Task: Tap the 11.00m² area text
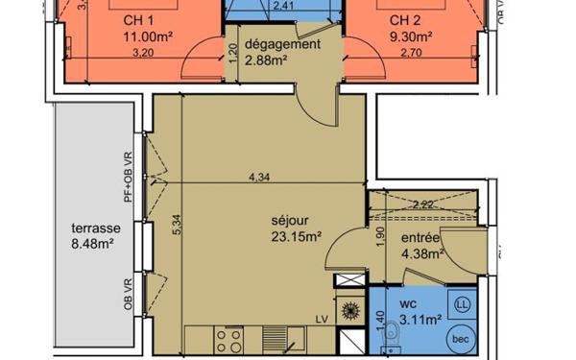pyautogui.click(x=145, y=38)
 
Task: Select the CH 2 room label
pyautogui.click(x=406, y=21)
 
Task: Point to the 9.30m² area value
pyautogui.click(x=410, y=38)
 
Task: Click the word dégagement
pyautogui.click(x=281, y=45)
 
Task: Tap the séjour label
pyautogui.click(x=289, y=219)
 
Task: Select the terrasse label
pyautogui.click(x=95, y=229)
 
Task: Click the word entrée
pyautogui.click(x=420, y=238)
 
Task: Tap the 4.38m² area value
pyautogui.click(x=422, y=254)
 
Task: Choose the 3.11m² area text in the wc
pyautogui.click(x=420, y=319)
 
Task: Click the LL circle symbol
pyautogui.click(x=462, y=304)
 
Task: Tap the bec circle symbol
pyautogui.click(x=460, y=338)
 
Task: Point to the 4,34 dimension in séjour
pyautogui.click(x=257, y=177)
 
